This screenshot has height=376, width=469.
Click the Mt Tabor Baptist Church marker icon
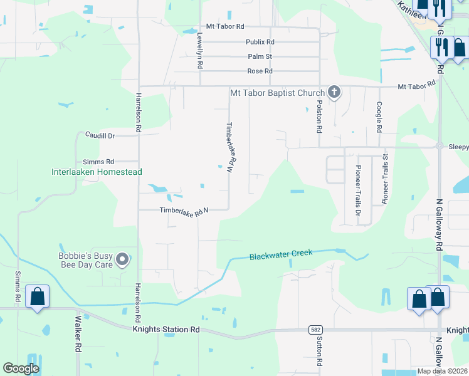point(334,93)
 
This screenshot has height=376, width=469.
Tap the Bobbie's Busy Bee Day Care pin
point(123,259)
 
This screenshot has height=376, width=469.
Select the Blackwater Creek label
point(281,255)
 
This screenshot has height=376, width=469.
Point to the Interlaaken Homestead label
point(97,172)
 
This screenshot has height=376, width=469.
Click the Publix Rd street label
point(260,42)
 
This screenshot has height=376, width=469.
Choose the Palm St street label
point(260,56)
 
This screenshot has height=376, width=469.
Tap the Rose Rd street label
point(260,71)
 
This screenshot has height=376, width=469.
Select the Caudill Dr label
point(100,135)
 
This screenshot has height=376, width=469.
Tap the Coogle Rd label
point(379,118)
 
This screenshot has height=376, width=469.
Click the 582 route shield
point(316,330)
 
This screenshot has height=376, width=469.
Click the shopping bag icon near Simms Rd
point(38,296)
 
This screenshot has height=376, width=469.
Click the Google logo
point(21,368)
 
